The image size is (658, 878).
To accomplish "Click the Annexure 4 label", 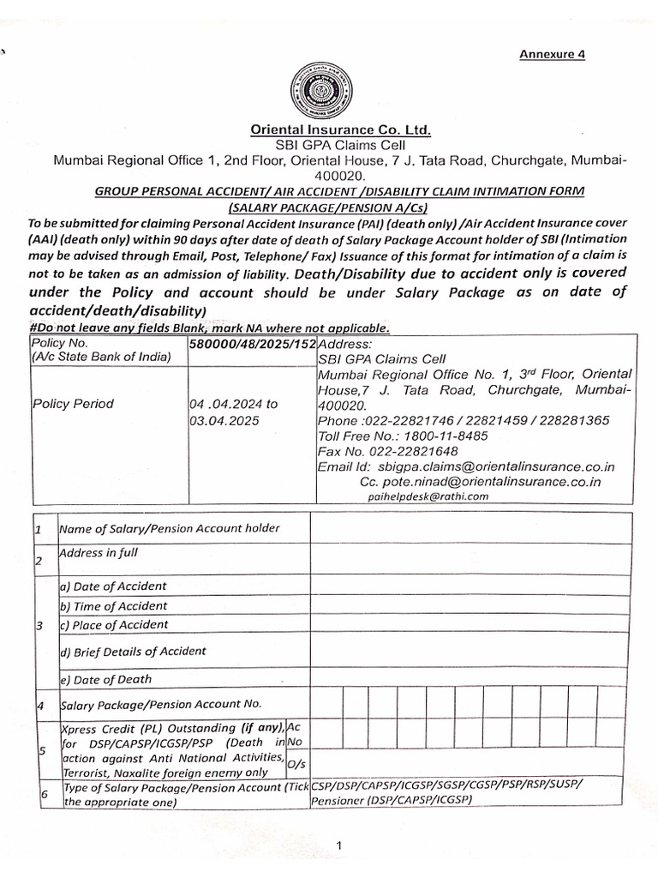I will (x=552, y=55).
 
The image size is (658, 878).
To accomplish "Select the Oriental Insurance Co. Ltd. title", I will (x=341, y=130).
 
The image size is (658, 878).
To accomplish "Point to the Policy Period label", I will (x=73, y=404).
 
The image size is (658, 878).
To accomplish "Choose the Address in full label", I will (x=99, y=553).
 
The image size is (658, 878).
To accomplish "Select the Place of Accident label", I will (x=114, y=625).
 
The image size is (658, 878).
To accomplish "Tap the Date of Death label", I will (x=105, y=679).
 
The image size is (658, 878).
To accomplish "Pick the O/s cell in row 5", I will (x=296, y=763).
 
